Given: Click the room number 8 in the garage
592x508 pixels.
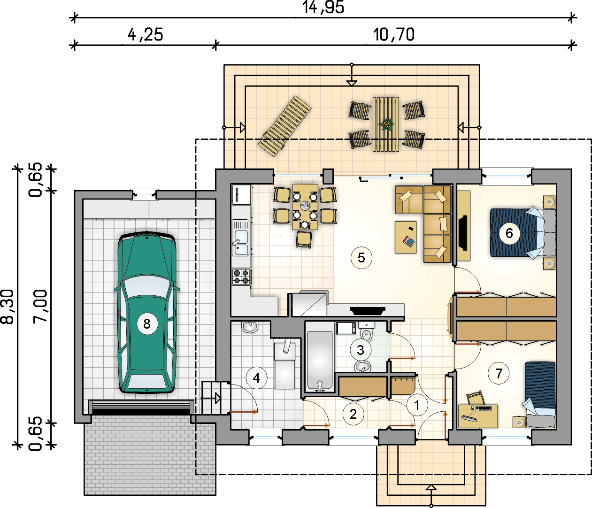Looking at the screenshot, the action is pos(147,324).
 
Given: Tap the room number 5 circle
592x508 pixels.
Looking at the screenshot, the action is pos(361,258).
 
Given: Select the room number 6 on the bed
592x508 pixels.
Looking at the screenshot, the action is pos(509,233).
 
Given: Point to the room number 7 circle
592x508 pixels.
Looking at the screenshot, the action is pos(499,373).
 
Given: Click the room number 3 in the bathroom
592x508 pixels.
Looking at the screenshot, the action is pos(361,350).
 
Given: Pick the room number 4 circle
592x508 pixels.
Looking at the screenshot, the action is pos(257,378).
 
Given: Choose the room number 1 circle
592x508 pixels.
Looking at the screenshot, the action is pos(417,405).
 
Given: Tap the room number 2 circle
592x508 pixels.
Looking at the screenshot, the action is pos(354,414).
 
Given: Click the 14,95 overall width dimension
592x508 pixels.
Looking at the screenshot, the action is pos(323,7).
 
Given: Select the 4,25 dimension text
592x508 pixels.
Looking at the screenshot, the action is pos(145,35).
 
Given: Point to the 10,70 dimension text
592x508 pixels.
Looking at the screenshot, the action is pos(394,35).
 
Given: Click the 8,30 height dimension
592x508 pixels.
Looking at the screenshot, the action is pos(7,307).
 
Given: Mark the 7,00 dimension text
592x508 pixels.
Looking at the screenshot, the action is pos(40,307).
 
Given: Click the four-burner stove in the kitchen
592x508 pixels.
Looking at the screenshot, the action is pos(241,277).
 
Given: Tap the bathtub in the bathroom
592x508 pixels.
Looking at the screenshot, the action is pos(320,361).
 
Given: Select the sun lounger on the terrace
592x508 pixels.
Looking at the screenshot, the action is pos(284,126).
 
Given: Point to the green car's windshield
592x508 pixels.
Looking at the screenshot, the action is pos(147,286).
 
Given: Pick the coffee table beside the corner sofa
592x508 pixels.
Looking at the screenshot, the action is pos(406,237).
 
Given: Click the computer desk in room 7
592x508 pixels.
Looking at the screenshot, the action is pos(478,416).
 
